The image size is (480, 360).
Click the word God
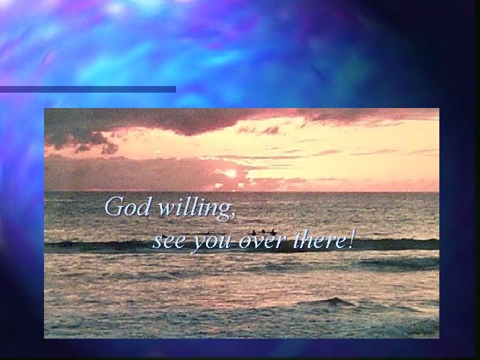click(x=128, y=207)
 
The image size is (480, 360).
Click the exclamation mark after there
click(x=351, y=239)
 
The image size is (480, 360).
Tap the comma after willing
click(x=233, y=216)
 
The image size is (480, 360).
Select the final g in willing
click(x=224, y=211)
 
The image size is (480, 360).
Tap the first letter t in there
click(x=297, y=240)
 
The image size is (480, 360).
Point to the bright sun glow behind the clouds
click(x=230, y=174)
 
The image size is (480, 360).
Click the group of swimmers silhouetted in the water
click(x=263, y=233)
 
